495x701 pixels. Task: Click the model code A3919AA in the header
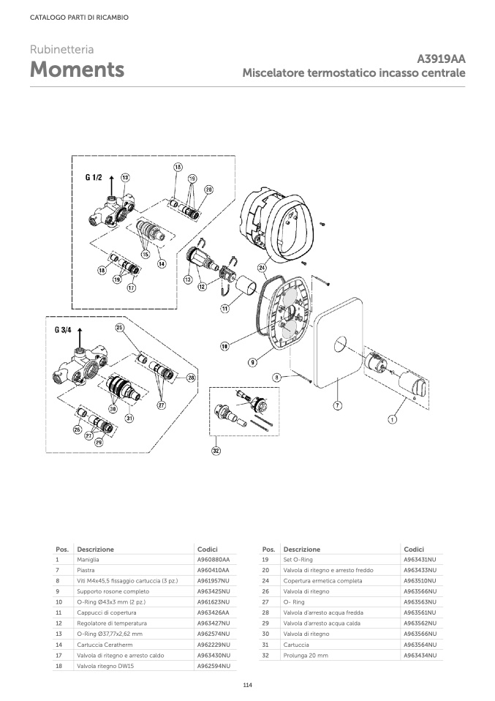[x=441, y=59]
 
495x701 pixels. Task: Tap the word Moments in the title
[x=78, y=70]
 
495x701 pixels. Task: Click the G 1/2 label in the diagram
[x=94, y=178]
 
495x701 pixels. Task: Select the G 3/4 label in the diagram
[x=63, y=330]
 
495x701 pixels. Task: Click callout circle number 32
[x=216, y=451]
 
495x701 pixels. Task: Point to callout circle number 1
[x=392, y=419]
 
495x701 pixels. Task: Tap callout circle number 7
[x=338, y=405]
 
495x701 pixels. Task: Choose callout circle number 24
[x=262, y=268]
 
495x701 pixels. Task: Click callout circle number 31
[x=129, y=419]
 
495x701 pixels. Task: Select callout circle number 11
[x=224, y=309]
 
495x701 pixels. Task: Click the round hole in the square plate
[x=341, y=344]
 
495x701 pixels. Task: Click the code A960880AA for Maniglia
[x=213, y=559]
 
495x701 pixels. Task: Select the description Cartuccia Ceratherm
[x=105, y=645]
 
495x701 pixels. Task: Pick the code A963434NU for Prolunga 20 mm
[x=420, y=656]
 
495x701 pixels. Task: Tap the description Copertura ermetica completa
[x=322, y=581]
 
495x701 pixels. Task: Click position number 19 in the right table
[x=265, y=559]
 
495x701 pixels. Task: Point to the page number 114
[x=247, y=686]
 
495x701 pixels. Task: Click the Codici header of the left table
[x=208, y=549]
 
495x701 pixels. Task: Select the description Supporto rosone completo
[x=113, y=591]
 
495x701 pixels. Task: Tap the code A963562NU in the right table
[x=420, y=623]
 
